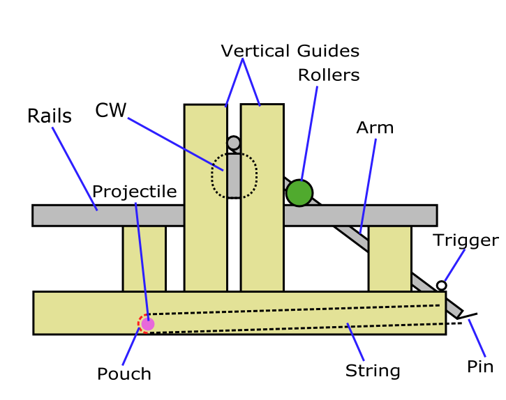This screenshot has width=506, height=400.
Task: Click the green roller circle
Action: point(299,193)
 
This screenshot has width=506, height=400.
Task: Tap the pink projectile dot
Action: point(147,323)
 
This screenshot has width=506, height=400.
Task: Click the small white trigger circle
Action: point(441,285)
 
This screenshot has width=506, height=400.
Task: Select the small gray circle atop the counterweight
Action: point(234,143)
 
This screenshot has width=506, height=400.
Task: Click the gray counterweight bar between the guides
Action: point(234,176)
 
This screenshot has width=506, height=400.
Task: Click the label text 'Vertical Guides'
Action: point(290,51)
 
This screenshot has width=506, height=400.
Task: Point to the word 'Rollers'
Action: point(329,75)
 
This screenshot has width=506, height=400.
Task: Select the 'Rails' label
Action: point(49,116)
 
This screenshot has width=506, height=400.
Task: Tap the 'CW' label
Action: point(110,111)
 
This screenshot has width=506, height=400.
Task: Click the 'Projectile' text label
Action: point(135,192)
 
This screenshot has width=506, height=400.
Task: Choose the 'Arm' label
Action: point(375,128)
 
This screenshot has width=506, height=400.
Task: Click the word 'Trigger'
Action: point(466,240)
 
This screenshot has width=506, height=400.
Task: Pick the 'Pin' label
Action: point(480,367)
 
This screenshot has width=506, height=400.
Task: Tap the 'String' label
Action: point(373,371)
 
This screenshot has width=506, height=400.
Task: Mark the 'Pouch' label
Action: point(124,374)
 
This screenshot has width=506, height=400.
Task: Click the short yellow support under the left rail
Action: point(144,258)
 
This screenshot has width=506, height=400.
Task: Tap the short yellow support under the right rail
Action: point(389,258)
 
